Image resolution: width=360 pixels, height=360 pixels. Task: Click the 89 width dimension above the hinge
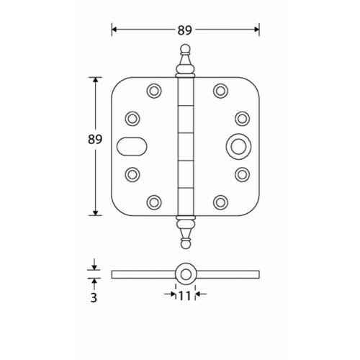185,30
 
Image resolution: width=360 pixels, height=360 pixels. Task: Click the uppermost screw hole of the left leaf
153,91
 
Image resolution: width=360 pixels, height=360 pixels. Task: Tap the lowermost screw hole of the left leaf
153,201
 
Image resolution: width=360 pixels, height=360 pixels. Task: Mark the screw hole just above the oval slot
132,117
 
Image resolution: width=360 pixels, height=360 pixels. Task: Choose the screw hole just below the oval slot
132,174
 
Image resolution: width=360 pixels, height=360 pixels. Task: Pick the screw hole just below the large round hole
241,174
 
